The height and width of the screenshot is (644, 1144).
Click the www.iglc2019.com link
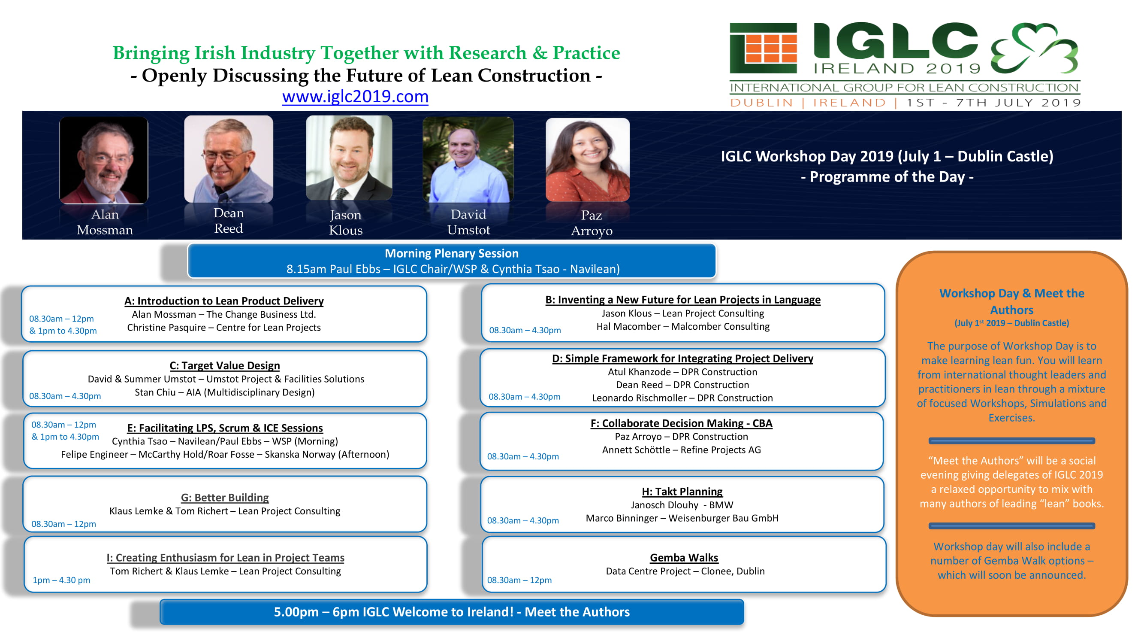click(355, 97)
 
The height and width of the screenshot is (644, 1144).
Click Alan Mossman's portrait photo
click(103, 160)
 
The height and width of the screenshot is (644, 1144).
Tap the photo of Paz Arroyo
click(588, 160)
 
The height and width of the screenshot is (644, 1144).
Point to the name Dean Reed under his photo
click(229, 220)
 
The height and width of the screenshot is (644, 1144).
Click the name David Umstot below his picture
click(468, 222)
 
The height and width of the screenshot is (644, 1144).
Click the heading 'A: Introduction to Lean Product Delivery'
click(224, 301)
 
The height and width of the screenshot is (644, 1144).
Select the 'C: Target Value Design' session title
click(225, 365)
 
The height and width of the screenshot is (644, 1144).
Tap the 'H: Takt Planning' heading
click(682, 492)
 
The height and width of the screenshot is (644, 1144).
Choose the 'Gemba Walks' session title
click(684, 558)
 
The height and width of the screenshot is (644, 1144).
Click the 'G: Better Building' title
click(225, 497)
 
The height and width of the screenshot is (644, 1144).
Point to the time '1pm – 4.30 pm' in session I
click(61, 580)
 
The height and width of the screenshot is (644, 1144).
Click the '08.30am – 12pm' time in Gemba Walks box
click(519, 580)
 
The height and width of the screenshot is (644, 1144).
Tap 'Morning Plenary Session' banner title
click(452, 253)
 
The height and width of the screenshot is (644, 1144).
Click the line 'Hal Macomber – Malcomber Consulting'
click(683, 327)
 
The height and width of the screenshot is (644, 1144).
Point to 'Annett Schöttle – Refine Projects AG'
click(681, 450)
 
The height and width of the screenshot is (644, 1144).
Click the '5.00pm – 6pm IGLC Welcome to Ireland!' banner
click(452, 612)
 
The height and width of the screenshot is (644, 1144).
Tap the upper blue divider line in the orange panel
click(1011, 441)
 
